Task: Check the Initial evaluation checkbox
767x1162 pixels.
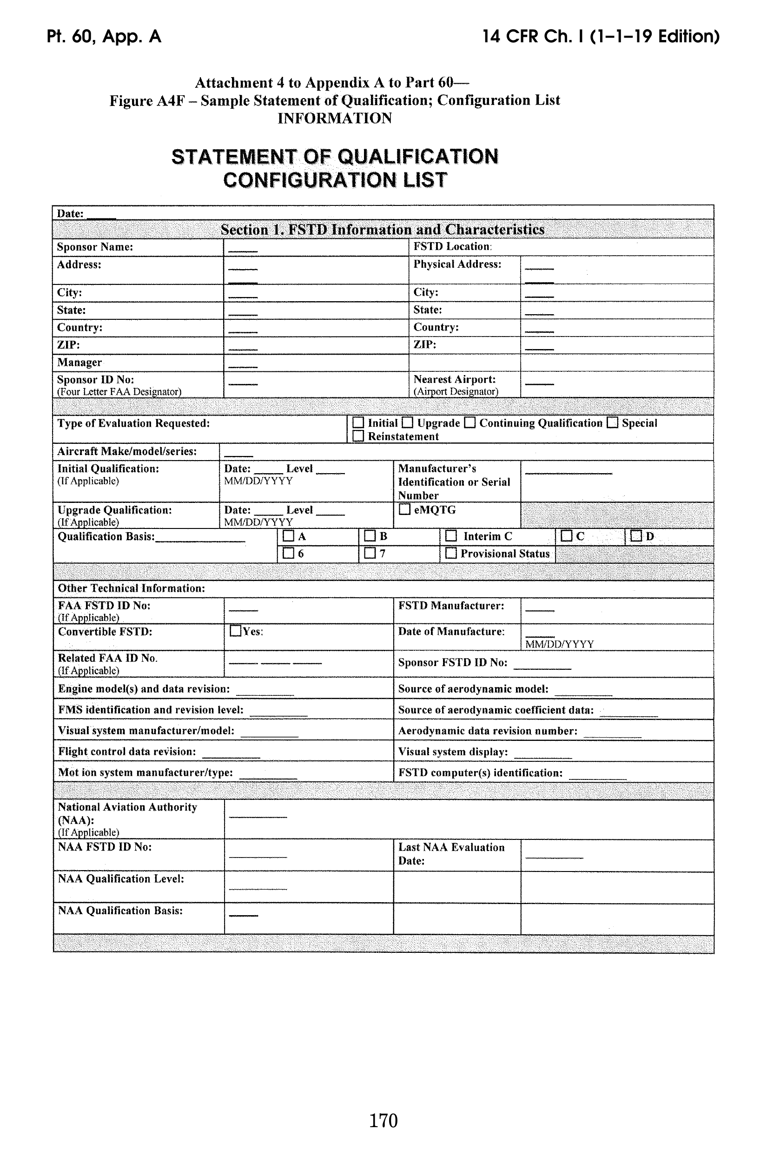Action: coord(358,423)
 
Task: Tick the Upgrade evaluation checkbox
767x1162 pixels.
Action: coord(408,423)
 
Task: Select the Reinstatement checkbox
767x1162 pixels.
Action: coord(358,436)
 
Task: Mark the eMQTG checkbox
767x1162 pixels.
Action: coord(404,509)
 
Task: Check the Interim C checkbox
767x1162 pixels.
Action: coord(451,536)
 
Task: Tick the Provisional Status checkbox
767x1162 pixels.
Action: coord(451,553)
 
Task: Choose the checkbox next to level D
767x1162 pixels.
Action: coord(635,536)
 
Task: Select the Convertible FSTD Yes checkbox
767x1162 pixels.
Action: coord(235,631)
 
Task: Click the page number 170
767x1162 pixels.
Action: coord(383,1121)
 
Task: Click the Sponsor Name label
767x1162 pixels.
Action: coord(95,247)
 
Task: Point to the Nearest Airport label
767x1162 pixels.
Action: coord(455,379)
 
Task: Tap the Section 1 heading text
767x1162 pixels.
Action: coord(383,229)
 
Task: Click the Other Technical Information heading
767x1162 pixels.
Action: coord(131,588)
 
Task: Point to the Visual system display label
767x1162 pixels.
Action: coord(453,752)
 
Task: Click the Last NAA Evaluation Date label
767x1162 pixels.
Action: coord(451,854)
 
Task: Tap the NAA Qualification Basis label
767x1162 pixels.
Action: coord(120,911)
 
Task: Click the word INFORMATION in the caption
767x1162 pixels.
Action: coord(335,119)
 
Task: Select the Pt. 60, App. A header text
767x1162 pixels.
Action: coord(104,37)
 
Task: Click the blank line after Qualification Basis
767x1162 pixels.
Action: coord(200,541)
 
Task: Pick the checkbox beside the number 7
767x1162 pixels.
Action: coord(370,553)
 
